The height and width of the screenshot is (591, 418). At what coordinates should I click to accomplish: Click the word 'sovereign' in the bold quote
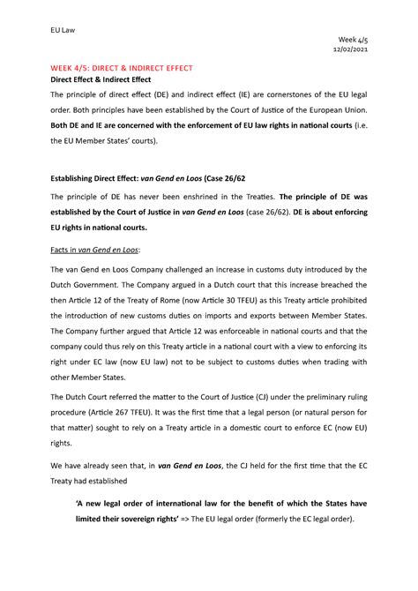tap(138, 519)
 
